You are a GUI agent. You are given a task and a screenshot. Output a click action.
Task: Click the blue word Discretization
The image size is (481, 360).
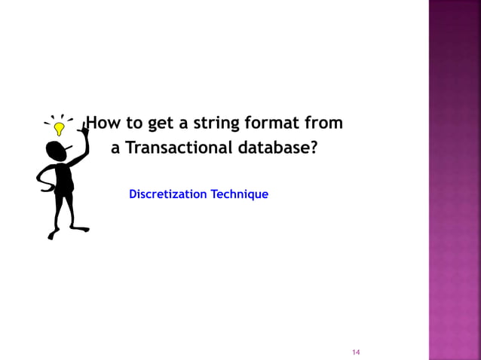(x=167, y=194)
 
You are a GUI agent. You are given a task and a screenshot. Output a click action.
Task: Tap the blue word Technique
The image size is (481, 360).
(x=239, y=194)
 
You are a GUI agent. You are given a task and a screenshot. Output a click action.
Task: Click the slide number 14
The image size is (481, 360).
(x=357, y=352)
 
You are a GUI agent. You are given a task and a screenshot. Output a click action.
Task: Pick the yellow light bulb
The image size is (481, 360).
(x=59, y=129)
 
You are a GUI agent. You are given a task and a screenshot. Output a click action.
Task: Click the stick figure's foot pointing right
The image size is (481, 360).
(x=81, y=229)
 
